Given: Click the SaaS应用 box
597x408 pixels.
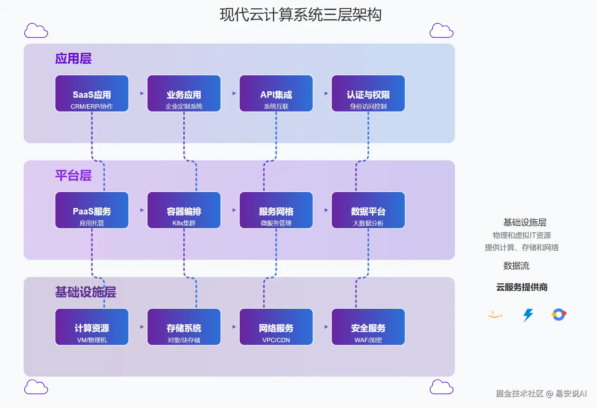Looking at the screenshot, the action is (92, 93).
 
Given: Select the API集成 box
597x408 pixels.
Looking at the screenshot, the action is (276, 93).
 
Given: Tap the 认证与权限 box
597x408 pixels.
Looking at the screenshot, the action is (368, 93).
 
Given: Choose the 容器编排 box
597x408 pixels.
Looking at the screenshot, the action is (184, 210).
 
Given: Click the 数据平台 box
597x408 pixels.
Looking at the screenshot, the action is (368, 210).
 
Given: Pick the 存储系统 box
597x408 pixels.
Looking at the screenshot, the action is (184, 327).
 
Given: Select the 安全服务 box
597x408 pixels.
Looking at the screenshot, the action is (368, 327).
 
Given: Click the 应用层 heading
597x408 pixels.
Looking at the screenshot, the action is (73, 59).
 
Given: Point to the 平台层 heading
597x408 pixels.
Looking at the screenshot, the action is (73, 175).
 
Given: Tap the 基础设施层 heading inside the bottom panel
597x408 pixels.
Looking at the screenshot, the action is (86, 292).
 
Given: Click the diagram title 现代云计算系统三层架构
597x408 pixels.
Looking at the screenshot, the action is (301, 15).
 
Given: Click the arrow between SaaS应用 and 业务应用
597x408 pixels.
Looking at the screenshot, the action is (142, 93).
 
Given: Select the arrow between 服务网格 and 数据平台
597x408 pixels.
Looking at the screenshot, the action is (327, 210).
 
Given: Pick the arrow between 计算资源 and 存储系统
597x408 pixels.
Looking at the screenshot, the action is (142, 327).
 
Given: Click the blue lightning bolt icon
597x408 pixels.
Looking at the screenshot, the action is (528, 315).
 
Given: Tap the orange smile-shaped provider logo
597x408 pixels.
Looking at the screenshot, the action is (495, 314).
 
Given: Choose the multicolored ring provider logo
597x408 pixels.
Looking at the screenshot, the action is (559, 314).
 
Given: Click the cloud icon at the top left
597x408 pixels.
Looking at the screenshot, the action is (36, 30).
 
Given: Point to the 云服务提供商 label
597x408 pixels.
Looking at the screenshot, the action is (522, 287).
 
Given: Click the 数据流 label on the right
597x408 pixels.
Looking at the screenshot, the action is (516, 266).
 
